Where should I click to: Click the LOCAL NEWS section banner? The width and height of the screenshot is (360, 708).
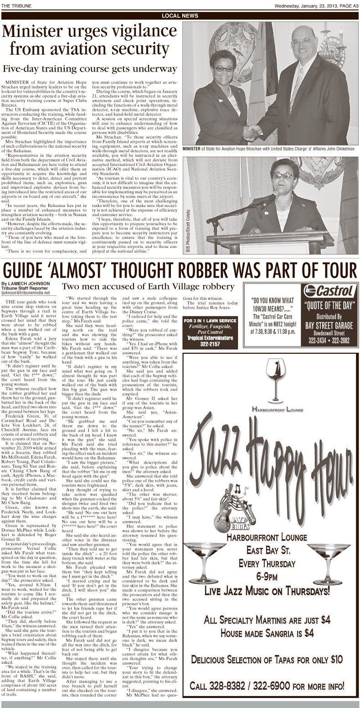coord(180,16)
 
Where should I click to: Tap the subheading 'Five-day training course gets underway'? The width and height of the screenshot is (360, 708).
coord(89,69)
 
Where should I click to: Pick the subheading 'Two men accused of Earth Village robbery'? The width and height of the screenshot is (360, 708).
coord(148,287)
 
